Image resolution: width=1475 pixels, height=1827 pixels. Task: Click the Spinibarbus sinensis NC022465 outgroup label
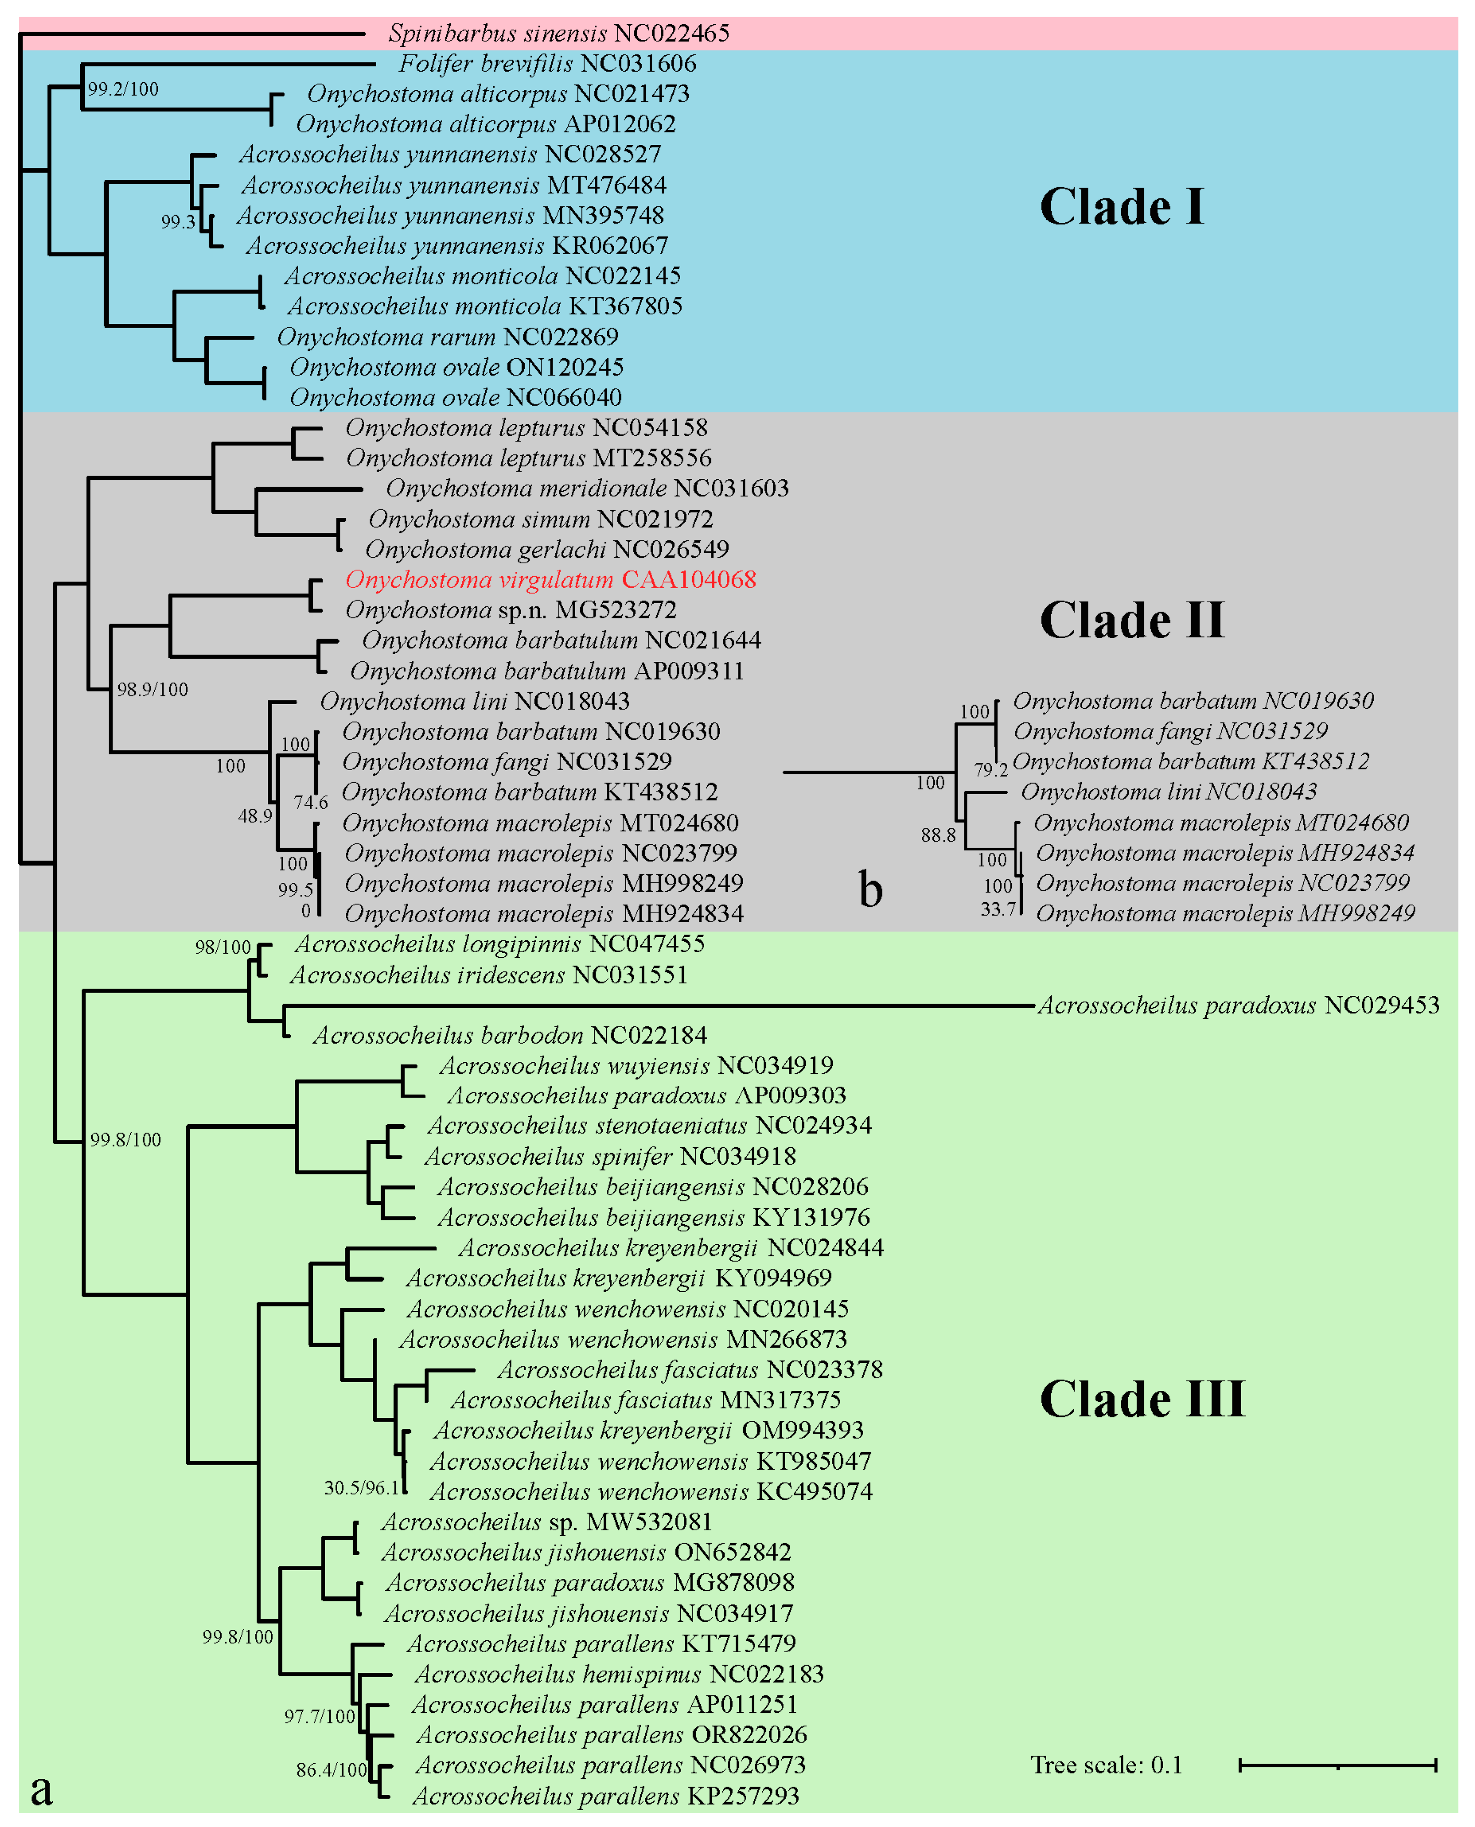(x=558, y=34)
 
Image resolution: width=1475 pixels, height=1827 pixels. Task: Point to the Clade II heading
(x=1132, y=620)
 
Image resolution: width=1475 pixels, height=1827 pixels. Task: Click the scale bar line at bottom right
(x=1337, y=1766)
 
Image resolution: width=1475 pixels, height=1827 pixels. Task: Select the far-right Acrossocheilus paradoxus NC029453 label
(x=1238, y=1006)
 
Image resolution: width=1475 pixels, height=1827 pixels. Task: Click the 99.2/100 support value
(x=123, y=89)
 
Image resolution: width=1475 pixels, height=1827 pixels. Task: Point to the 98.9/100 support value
(x=153, y=689)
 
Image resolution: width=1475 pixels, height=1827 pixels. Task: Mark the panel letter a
(x=41, y=1789)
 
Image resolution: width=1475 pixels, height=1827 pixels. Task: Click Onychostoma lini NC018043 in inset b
(x=1168, y=792)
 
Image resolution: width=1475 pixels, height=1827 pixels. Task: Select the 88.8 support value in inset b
(x=938, y=835)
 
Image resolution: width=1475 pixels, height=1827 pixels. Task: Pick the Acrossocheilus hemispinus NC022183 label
(x=619, y=1675)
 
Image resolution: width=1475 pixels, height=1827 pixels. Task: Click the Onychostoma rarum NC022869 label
(x=447, y=337)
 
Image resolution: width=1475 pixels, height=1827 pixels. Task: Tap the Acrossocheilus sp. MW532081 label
(x=546, y=1522)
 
